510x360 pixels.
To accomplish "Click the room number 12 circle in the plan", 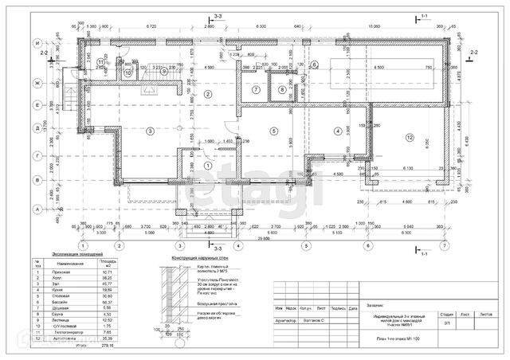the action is [410, 138].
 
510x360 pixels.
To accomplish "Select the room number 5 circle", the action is [273, 131].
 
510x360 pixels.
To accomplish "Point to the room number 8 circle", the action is [280, 89].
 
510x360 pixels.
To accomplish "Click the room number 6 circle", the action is [314, 65].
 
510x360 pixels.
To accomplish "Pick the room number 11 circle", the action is [100, 61].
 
